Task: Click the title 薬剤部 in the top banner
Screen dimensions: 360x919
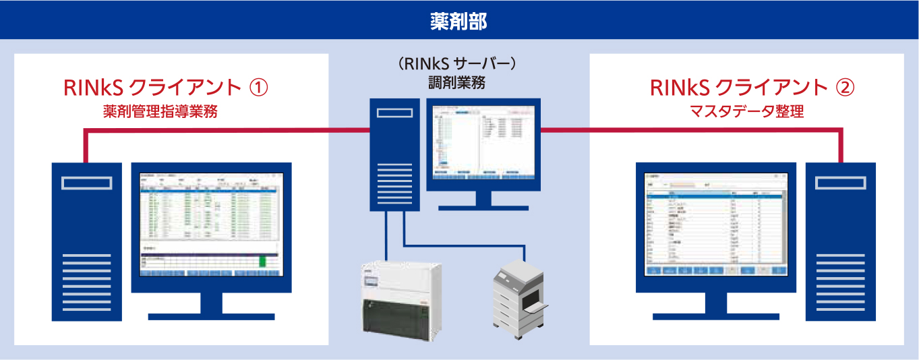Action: click(458, 20)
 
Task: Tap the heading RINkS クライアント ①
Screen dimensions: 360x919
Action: click(165, 88)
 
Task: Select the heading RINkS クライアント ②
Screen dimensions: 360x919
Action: click(752, 88)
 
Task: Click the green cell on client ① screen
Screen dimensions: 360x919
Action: click(264, 261)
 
